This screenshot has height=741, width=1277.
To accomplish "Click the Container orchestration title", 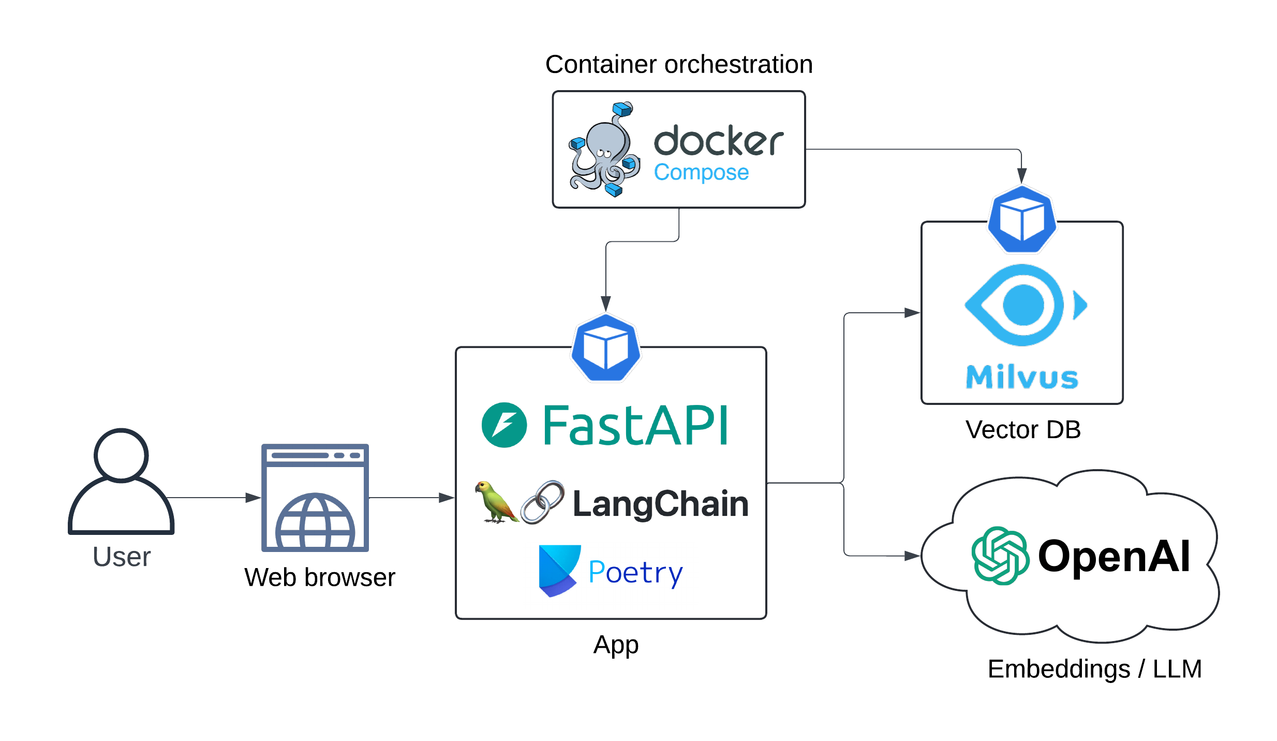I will pos(678,65).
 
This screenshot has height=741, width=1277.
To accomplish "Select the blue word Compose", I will pos(701,172).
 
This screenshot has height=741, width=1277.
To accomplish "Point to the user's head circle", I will pos(121,455).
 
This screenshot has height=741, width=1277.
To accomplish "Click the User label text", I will pos(122,557).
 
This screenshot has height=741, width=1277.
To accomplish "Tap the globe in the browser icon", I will pos(315,522).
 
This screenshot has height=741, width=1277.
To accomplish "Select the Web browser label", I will pos(319,577).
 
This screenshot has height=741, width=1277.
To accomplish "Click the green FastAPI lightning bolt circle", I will pos(504,425).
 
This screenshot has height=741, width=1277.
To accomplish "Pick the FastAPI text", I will pos(635,426).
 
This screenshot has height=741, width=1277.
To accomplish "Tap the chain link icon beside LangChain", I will pos(542,502).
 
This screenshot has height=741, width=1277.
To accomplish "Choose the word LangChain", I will pos(660,504).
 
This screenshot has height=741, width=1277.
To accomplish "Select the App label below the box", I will pos(616,645).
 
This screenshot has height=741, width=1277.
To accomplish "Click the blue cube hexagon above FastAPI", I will pos(606,347).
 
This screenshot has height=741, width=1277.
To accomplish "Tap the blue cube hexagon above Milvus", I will pos(1022,220).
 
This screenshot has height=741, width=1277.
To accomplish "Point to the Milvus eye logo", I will pos(1024,305).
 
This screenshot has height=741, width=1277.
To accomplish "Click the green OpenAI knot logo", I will pos(1000,556).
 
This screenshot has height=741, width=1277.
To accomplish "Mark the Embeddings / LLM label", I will pos(1094,669).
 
